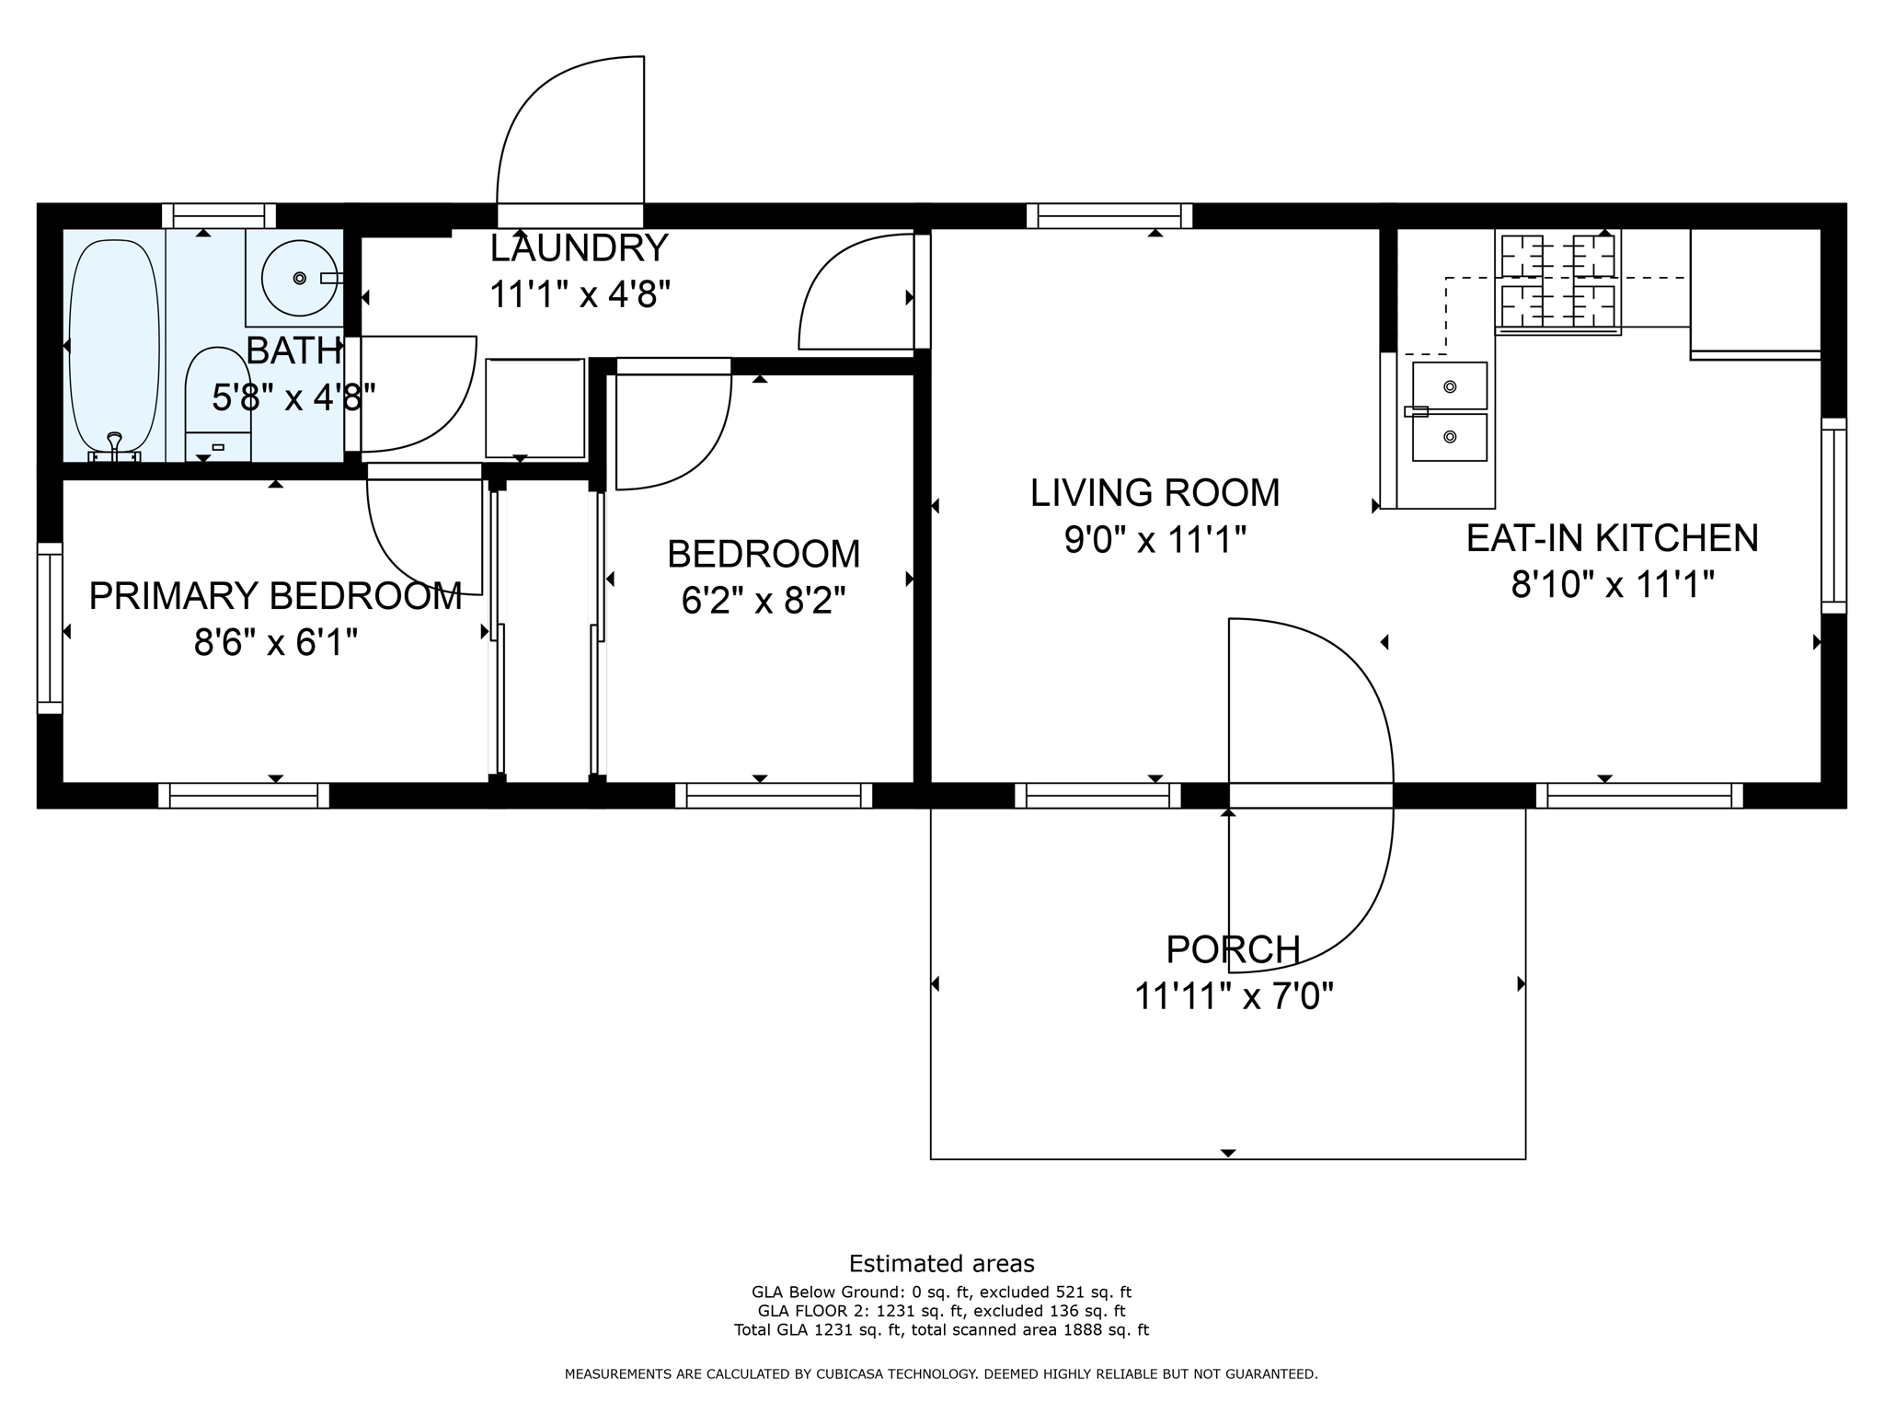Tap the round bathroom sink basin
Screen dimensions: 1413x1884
point(299,277)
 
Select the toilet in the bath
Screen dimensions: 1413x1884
point(218,405)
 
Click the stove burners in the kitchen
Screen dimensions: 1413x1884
point(1557,281)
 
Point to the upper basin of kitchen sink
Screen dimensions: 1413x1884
point(1450,386)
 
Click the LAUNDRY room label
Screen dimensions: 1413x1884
point(579,248)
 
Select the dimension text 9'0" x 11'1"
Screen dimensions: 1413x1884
point(1155,540)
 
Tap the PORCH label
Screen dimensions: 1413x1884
point(1233,949)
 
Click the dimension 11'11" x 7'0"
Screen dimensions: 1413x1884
point(1234,996)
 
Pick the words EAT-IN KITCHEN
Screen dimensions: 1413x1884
point(1612,538)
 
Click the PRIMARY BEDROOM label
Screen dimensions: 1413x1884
point(275,596)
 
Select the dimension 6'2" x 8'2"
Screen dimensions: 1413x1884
point(763,602)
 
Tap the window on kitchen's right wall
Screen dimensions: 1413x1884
point(1833,515)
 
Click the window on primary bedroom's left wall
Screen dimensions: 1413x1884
point(50,627)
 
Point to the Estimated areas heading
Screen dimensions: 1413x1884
point(941,1263)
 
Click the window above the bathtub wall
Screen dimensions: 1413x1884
point(219,215)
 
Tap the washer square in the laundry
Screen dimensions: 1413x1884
point(534,408)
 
